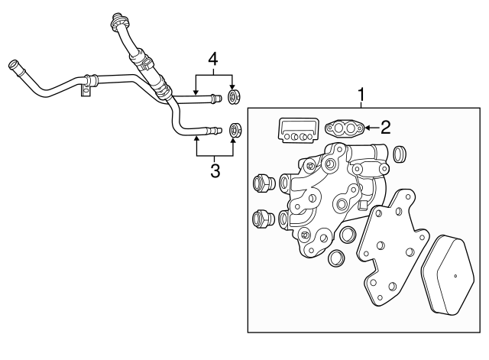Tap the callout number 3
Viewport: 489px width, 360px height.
coord(215,170)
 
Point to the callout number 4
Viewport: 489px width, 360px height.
coord(214,58)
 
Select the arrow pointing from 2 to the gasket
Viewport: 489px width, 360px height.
coord(370,128)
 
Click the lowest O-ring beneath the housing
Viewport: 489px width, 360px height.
coord(335,260)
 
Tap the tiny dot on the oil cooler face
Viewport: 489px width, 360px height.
coord(455,276)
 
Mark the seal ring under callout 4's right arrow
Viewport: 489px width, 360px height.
coord(235,96)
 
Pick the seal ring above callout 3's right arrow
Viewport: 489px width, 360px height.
coord(235,128)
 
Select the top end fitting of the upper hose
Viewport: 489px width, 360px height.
coord(118,18)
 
